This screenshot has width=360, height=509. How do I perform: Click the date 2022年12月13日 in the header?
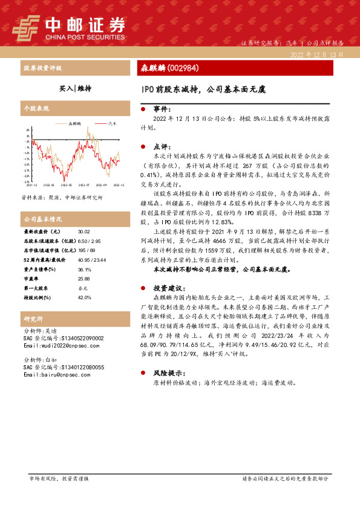[x=316, y=54]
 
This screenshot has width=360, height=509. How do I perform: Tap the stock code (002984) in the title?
[x=182, y=68]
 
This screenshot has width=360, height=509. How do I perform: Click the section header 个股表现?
[x=36, y=108]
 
